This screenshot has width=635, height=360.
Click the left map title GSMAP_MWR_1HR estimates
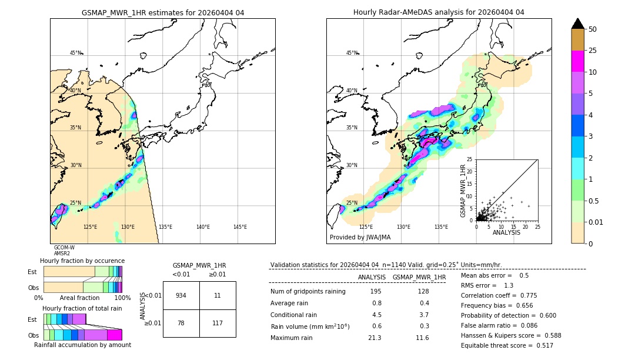[162, 12]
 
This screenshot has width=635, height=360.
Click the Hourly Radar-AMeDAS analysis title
[439, 12]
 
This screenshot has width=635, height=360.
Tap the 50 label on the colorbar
[593, 29]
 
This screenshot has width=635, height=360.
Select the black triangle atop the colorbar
[578, 24]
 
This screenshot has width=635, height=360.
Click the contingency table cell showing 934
[181, 295]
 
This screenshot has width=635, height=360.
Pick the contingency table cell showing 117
[218, 323]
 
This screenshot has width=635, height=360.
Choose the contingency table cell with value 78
[181, 323]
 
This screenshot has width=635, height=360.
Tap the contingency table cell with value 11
[218, 295]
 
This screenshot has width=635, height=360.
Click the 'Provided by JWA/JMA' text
[360, 238]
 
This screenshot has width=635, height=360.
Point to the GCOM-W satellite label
[64, 248]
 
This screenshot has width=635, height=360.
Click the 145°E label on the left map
[240, 227]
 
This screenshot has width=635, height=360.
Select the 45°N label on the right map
[352, 53]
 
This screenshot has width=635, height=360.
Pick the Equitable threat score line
[507, 345]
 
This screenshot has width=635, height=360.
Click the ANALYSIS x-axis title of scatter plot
[506, 232]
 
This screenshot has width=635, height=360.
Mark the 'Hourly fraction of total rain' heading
[82, 308]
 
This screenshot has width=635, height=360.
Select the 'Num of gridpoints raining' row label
[308, 292]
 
